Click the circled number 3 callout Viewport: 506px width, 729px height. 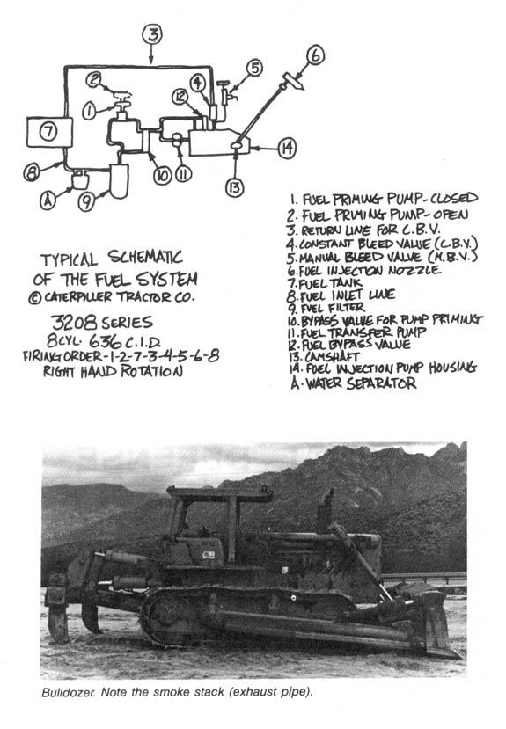tap(152, 34)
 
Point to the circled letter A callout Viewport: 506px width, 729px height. tap(48, 200)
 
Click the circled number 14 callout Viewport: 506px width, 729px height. tap(286, 149)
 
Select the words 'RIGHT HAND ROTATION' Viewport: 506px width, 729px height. tap(115, 372)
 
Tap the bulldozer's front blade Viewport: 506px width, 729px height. tap(436, 623)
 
